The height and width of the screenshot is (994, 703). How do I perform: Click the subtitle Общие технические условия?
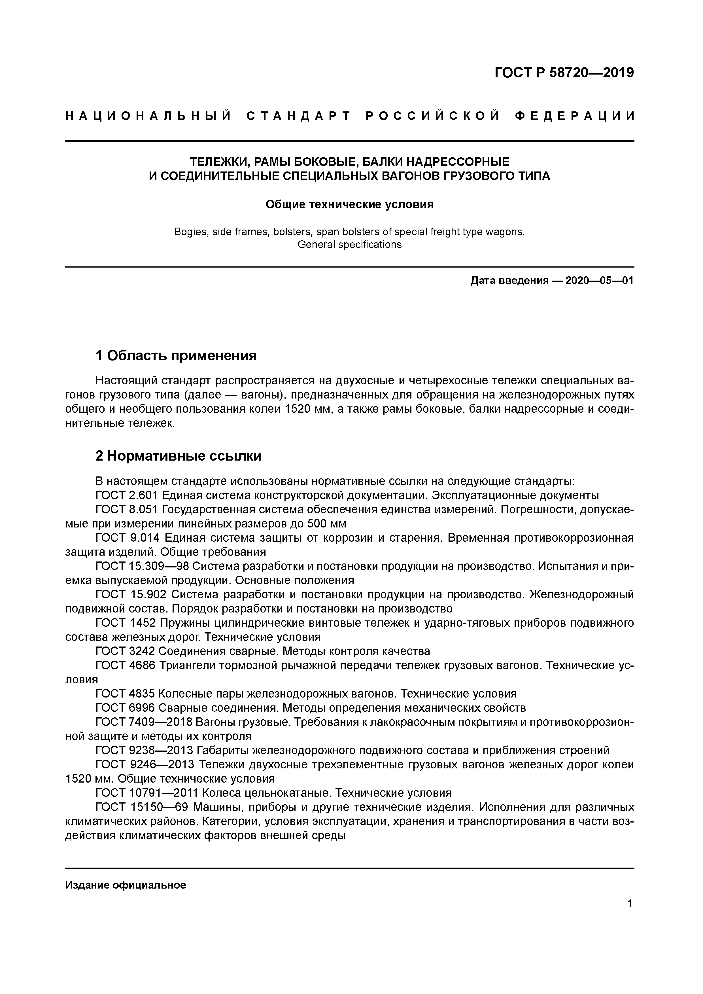tap(349, 204)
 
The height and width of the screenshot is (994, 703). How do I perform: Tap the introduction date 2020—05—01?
tap(599, 281)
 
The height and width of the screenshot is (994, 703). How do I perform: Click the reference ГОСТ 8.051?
tap(127, 510)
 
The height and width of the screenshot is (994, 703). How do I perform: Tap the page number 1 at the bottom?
tap(630, 904)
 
